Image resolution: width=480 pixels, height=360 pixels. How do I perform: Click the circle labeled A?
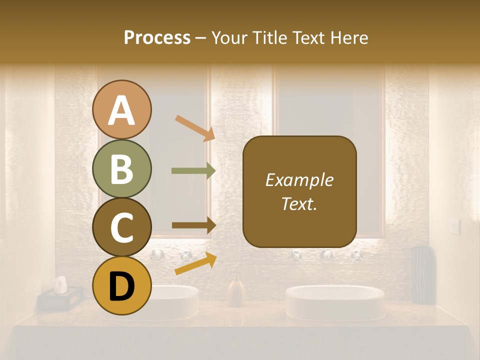pyautogui.click(x=121, y=109)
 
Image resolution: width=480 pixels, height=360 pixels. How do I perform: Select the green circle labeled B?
pyautogui.click(x=121, y=168)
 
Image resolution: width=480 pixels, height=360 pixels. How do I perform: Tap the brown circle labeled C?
pyautogui.click(x=121, y=227)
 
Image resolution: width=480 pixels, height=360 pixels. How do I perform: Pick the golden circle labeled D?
pyautogui.click(x=121, y=286)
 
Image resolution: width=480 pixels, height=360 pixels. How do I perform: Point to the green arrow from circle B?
pyautogui.click(x=193, y=171)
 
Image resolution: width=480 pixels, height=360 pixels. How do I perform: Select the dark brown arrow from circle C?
pyautogui.click(x=193, y=225)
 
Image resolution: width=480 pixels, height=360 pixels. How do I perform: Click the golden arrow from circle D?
pyautogui.click(x=195, y=263)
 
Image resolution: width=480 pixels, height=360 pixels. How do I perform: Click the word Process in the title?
pyautogui.click(x=157, y=37)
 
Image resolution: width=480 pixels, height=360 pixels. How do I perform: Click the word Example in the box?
pyautogui.click(x=299, y=180)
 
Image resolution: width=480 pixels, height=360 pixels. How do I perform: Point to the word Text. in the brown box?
pyautogui.click(x=299, y=203)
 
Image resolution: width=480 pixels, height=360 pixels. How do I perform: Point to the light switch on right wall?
pyautogui.click(x=454, y=226)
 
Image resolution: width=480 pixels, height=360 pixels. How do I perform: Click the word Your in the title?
pyautogui.click(x=230, y=37)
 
